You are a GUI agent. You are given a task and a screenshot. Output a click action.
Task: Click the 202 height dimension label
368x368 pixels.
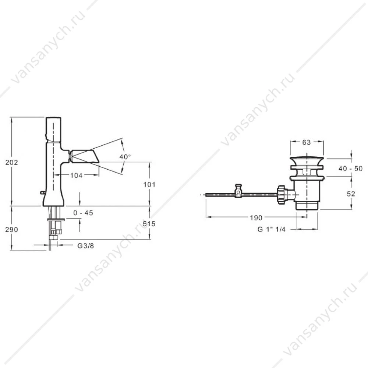(11, 162)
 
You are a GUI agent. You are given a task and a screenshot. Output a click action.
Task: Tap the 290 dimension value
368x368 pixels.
(11, 230)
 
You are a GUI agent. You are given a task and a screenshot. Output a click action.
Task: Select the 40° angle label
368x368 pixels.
(125, 157)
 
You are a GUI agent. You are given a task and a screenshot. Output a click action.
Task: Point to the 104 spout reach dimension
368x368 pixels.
(77, 175)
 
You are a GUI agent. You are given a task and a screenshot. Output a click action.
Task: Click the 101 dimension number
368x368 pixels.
(149, 185)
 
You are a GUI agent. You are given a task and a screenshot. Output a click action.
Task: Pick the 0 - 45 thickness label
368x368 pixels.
(83, 213)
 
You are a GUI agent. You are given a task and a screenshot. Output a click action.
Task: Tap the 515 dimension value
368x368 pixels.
(149, 224)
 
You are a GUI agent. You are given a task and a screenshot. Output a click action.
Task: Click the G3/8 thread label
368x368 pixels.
(86, 246)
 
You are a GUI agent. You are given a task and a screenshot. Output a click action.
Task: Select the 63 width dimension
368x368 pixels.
(306, 142)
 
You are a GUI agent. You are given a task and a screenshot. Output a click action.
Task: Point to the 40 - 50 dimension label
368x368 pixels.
(350, 169)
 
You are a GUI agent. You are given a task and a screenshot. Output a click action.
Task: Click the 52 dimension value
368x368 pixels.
(351, 194)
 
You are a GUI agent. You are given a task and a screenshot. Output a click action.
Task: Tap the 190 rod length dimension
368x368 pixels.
(256, 218)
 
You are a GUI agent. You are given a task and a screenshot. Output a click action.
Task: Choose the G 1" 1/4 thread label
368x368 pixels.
(271, 229)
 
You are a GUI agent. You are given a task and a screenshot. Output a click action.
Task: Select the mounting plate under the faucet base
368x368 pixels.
(56, 220)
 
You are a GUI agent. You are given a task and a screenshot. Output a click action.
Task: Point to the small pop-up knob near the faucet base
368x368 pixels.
(43, 193)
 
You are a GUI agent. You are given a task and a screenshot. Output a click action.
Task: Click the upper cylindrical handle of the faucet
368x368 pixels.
(53, 129)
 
